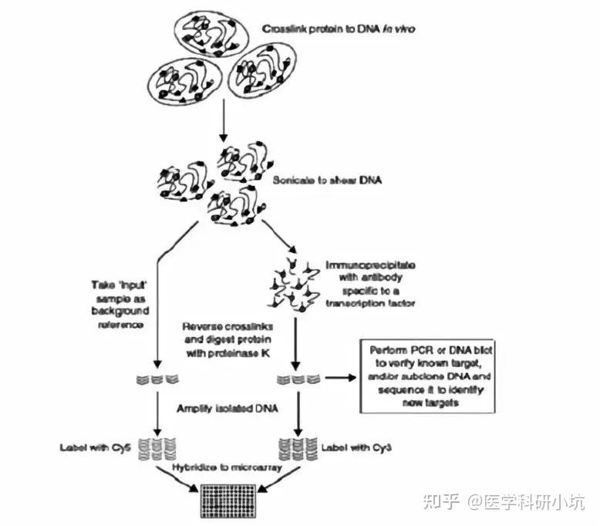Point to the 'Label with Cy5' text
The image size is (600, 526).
89,447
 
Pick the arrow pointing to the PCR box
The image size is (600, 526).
339,378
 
